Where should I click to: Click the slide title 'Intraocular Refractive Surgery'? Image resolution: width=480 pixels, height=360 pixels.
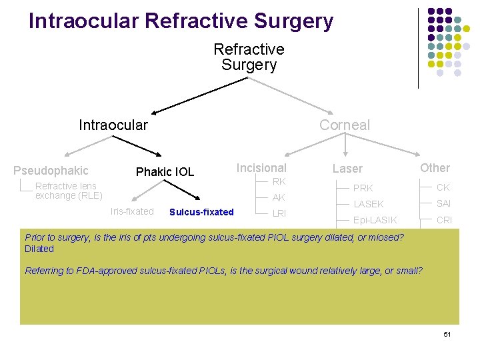point(181,21)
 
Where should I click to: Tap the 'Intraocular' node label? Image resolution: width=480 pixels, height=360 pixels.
point(113,125)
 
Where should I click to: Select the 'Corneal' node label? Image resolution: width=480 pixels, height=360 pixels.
point(344,125)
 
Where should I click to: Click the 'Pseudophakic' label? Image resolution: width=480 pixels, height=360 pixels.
point(51,171)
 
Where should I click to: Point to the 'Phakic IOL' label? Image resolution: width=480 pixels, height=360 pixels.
point(165,172)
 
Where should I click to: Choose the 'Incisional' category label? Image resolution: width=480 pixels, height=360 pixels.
point(261,168)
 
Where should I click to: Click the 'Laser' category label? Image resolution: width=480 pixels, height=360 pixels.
point(347,169)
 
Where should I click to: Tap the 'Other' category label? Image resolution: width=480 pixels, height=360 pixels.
point(435,168)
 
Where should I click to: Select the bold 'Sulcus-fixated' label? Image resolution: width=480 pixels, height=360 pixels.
point(201,212)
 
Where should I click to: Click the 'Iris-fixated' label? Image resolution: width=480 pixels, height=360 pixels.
point(132,211)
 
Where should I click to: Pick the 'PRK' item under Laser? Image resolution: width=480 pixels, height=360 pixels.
point(363,188)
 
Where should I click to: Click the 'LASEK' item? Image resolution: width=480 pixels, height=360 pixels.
point(369,204)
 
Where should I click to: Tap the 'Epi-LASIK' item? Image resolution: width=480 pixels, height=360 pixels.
point(375,220)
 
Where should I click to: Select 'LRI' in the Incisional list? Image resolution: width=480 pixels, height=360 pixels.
point(279,213)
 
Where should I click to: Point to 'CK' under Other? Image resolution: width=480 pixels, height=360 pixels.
point(443,187)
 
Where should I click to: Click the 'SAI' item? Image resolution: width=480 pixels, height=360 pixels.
point(444,203)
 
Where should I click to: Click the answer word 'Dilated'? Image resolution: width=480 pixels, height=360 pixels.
point(39,249)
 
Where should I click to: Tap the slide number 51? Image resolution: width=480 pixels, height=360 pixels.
point(447,333)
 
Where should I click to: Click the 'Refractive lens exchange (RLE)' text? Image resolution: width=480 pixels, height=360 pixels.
point(69,191)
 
